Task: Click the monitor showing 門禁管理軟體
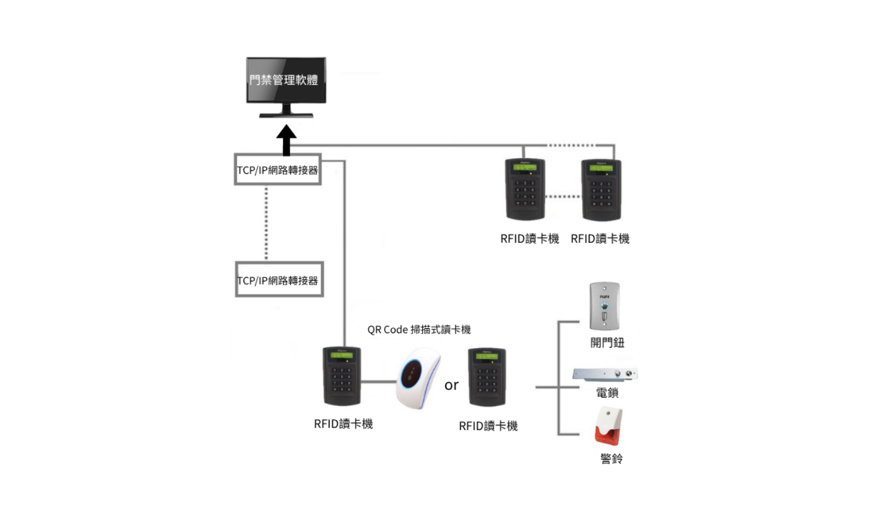tap(286, 80)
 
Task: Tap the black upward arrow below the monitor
tap(287, 140)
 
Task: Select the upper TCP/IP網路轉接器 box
tap(277, 170)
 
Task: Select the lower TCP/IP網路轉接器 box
tap(279, 280)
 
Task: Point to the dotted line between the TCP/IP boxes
tap(266, 223)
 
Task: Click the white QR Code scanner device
tap(417, 378)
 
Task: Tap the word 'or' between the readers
tap(451, 386)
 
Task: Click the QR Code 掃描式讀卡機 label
tap(419, 330)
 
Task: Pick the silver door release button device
tap(605, 306)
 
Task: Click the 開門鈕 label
tap(607, 343)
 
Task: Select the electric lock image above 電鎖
tap(605, 374)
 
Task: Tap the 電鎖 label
tap(607, 393)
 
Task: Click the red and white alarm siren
tap(608, 426)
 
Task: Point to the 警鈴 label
tap(611, 459)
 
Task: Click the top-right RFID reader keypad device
tap(601, 190)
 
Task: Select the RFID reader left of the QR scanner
tap(342, 377)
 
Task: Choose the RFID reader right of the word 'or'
tap(487, 378)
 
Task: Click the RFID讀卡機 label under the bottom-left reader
tap(343, 424)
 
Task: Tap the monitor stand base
tap(286, 114)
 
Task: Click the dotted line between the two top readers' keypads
tap(563, 197)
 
